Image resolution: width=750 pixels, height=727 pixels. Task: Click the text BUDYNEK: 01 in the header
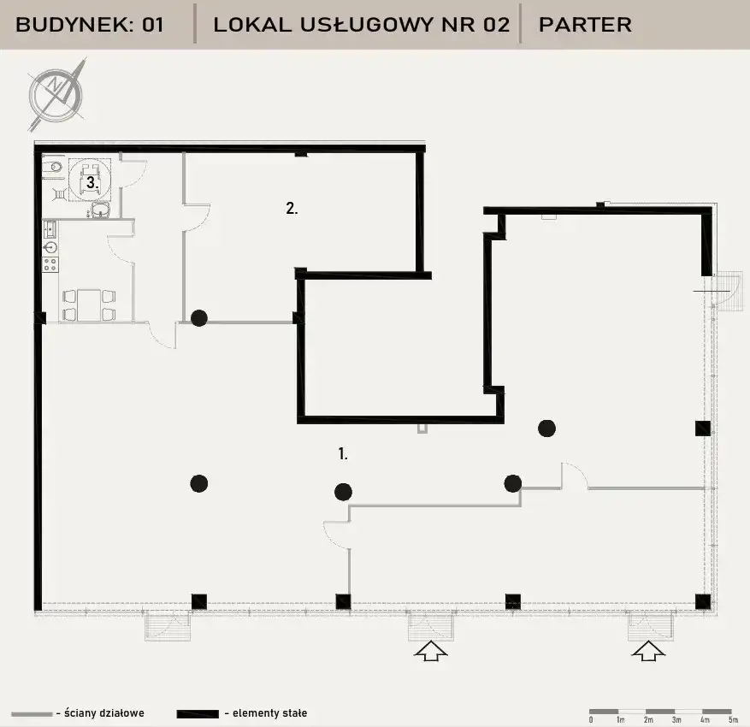pos(90,25)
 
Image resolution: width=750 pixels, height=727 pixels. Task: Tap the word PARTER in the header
pos(585,25)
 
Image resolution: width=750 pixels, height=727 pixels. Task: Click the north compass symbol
pos(56,95)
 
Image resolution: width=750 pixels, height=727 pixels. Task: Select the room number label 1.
pos(342,453)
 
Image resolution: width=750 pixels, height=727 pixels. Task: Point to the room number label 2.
pos(292,208)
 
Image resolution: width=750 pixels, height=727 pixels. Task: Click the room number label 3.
pos(92,182)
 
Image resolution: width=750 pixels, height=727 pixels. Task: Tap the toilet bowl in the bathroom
pos(53,168)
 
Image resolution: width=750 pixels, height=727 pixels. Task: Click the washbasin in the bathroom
pos(101,209)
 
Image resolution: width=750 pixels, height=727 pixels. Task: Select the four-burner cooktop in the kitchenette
pos(50,264)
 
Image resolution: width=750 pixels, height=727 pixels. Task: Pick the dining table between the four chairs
pos(89,305)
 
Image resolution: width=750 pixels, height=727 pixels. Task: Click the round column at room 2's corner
pos(199,318)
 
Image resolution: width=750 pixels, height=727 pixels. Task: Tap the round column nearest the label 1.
pos(343,492)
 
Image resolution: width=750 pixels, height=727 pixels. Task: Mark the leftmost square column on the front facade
pos(199,601)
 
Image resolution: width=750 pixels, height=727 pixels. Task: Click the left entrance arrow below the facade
pos(431,651)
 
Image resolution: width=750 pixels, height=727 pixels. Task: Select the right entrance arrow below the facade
pos(648,651)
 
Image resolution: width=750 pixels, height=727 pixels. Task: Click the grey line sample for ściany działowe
pos(32,714)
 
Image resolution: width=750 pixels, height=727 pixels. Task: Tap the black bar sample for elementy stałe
pos(198,714)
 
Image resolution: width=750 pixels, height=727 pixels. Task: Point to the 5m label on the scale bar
pos(733,720)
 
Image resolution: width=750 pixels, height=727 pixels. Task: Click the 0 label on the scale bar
pos(591,720)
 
